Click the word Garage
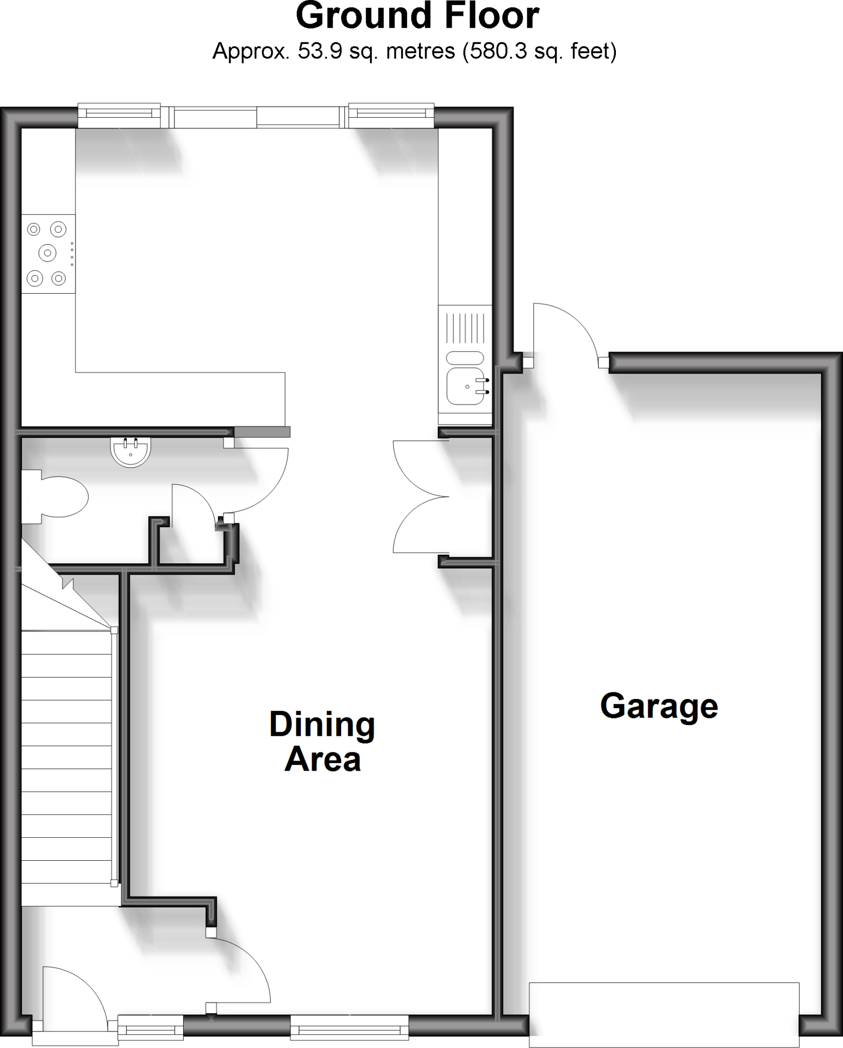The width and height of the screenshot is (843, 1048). coord(659,707)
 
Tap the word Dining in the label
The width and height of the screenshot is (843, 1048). coord(322,725)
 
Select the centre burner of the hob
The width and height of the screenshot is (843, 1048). coord(48,252)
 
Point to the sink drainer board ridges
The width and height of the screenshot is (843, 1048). coord(465,327)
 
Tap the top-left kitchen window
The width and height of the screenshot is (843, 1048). coord(119,116)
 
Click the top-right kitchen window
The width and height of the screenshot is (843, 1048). coord(391,116)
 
